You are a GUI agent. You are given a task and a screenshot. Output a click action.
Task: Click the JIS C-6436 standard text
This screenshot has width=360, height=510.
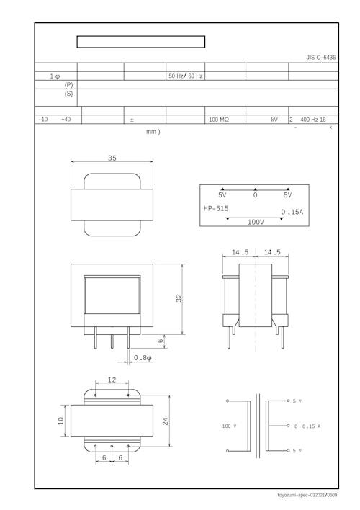click(x=321, y=57)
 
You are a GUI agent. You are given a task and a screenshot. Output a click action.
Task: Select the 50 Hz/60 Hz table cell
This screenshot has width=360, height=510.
click(x=186, y=76)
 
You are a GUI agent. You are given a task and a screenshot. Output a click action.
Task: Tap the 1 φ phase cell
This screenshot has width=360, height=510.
click(x=55, y=76)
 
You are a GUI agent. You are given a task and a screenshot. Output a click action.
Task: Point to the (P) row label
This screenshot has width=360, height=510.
click(x=68, y=84)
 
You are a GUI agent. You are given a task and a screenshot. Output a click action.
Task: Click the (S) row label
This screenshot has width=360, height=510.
click(x=68, y=94)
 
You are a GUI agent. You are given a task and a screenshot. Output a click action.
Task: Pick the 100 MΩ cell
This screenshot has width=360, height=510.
click(x=219, y=120)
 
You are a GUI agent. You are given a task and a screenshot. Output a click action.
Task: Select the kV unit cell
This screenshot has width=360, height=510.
click(x=274, y=120)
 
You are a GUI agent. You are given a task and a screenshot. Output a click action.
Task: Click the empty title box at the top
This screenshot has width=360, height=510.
click(x=141, y=42)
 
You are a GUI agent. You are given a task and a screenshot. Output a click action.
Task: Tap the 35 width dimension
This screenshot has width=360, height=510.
click(x=112, y=158)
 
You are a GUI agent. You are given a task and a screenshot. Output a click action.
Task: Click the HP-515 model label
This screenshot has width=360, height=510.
click(x=216, y=209)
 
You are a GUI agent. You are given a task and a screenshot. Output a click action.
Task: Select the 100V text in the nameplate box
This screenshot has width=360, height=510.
click(x=256, y=222)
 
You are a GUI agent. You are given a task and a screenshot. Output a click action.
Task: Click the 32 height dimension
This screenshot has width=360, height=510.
click(x=178, y=298)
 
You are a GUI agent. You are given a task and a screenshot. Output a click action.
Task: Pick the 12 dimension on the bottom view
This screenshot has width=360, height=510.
click(x=112, y=380)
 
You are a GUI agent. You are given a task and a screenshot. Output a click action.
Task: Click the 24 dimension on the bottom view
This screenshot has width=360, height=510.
click(x=166, y=421)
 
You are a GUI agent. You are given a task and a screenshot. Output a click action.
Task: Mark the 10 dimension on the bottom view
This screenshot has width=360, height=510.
click(x=61, y=421)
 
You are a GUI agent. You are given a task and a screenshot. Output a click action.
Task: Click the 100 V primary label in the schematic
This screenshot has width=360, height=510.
click(x=229, y=426)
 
